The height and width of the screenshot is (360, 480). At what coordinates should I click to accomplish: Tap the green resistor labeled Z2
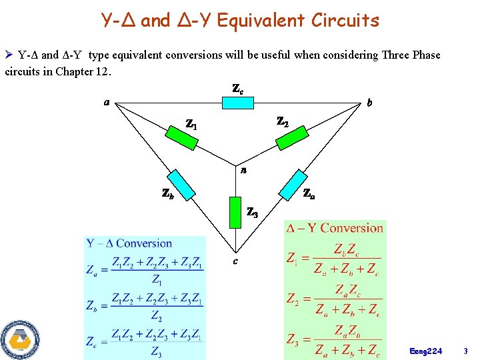click(x=291, y=136)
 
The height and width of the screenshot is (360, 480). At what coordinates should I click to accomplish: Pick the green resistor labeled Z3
click(x=233, y=211)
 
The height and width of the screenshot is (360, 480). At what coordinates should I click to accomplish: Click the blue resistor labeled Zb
click(x=180, y=185)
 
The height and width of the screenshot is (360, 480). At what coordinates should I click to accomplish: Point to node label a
click(x=107, y=102)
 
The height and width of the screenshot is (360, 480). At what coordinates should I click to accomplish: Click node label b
click(x=370, y=103)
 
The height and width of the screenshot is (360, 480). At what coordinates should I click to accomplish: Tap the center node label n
click(x=244, y=171)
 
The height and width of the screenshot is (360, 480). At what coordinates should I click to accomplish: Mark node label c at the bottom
click(x=235, y=260)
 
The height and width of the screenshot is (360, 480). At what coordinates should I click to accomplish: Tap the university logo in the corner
click(x=19, y=339)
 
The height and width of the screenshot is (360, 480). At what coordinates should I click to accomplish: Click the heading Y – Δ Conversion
click(x=129, y=243)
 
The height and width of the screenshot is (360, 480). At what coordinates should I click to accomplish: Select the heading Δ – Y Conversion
click(x=335, y=228)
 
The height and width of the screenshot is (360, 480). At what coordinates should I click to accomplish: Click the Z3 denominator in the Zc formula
click(x=155, y=351)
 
